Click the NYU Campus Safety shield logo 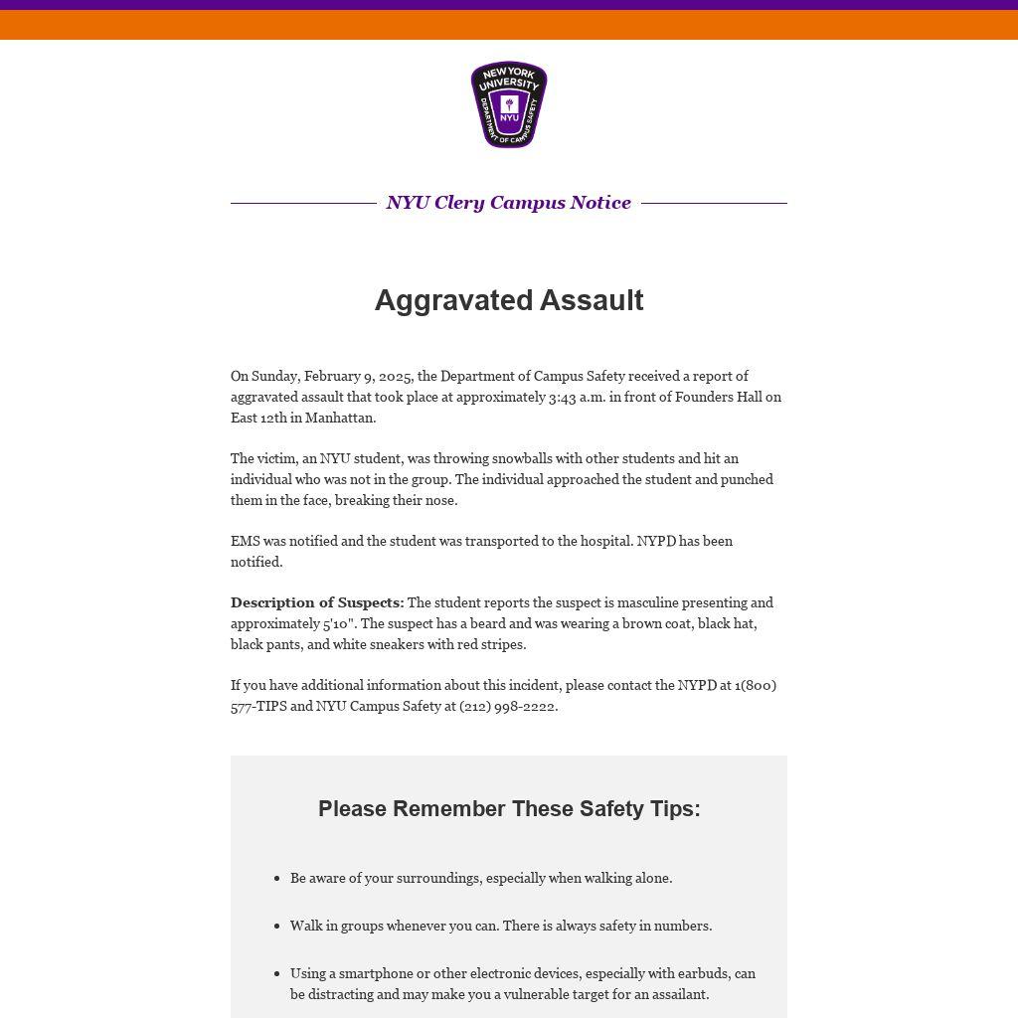pos(509,105)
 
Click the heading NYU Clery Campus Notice pos(508,203)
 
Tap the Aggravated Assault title pos(509,300)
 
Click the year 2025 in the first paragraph pos(395,376)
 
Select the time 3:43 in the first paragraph pos(562,397)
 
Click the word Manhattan pos(339,418)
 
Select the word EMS pos(245,541)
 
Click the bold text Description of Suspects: pos(317,602)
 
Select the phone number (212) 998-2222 pos(507,706)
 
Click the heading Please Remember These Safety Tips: pos(509,809)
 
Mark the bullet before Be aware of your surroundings pos(276,878)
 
